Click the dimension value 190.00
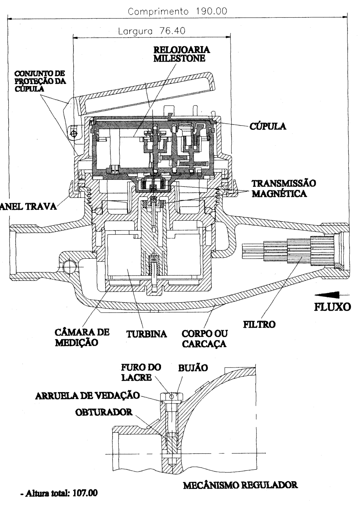[x=211, y=11]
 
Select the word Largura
[x=135, y=31]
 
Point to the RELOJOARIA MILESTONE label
[x=182, y=54]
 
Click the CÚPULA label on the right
[x=268, y=126]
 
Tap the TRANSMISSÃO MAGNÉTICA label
[x=284, y=188]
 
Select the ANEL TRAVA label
[x=28, y=206]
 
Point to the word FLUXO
[x=333, y=307]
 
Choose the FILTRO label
[x=259, y=325]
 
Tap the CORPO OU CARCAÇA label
[x=205, y=339]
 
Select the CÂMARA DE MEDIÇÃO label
[x=82, y=337]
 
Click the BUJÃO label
[x=193, y=368]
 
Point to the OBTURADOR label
[x=104, y=412]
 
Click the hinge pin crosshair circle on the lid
[x=74, y=134]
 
